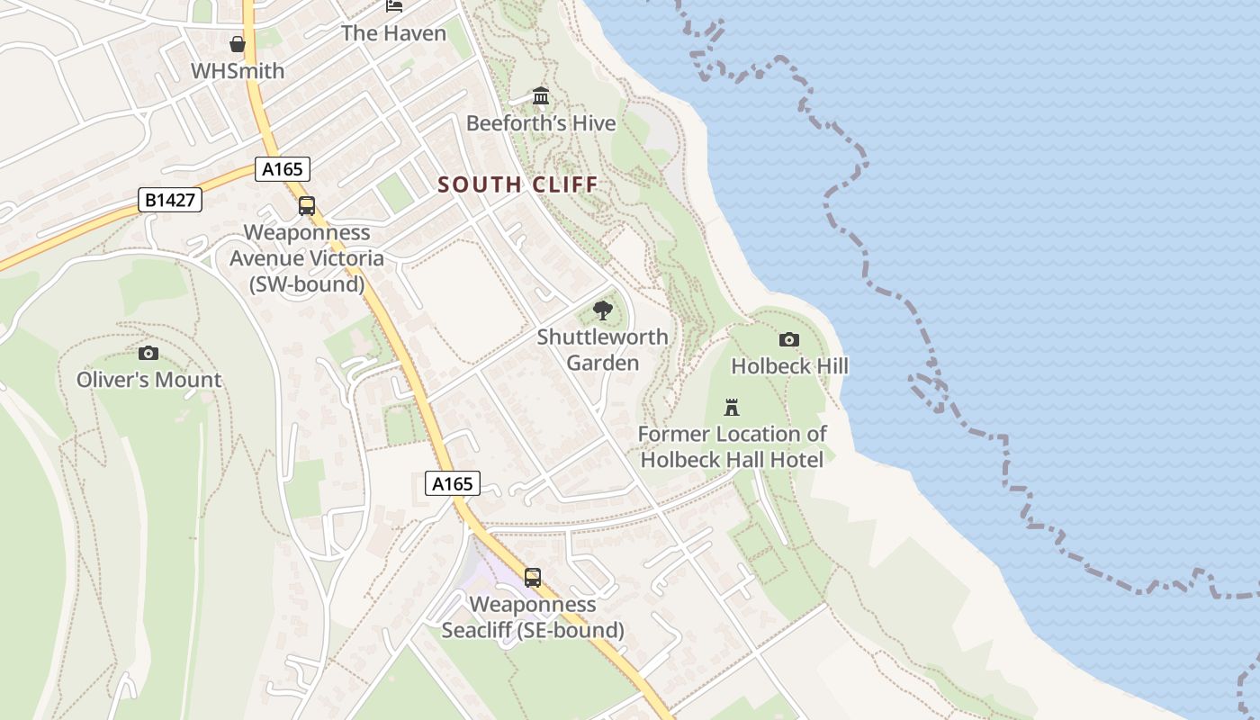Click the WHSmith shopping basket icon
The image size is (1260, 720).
(238, 44)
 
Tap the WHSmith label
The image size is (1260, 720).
(238, 71)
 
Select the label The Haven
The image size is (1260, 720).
(393, 33)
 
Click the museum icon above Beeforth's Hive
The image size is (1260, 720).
(541, 95)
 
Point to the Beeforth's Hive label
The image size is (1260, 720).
(541, 123)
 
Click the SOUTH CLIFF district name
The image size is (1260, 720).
(517, 185)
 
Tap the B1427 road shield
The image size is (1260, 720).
(170, 200)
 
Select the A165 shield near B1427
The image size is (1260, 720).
(283, 168)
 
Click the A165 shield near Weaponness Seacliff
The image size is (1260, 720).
(453, 483)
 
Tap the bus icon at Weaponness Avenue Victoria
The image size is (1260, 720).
(307, 206)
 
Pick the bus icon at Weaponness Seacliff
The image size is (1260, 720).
(533, 577)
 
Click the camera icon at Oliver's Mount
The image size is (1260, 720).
(148, 353)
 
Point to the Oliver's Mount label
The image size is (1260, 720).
(148, 380)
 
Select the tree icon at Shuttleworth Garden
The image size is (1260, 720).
(603, 311)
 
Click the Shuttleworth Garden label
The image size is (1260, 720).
(603, 350)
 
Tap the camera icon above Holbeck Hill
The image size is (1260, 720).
(789, 339)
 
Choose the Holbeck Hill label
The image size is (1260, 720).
(789, 366)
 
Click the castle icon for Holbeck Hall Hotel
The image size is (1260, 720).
(732, 407)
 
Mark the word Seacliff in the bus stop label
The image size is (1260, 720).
(480, 630)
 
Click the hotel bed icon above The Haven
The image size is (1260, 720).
(394, 5)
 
